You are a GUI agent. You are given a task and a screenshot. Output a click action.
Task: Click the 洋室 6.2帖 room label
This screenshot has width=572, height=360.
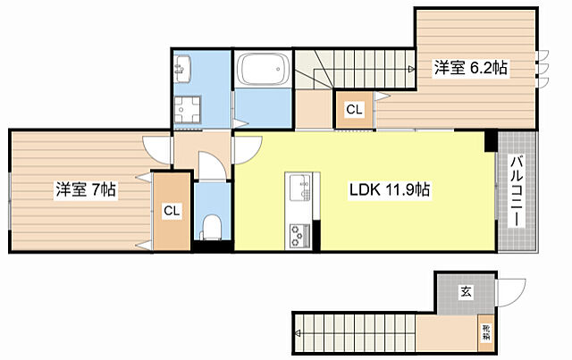point(471,68)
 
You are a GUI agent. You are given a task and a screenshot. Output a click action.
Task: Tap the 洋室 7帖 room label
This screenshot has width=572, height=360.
point(86,189)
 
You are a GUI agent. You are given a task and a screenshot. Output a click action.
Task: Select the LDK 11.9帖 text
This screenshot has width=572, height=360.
point(389,189)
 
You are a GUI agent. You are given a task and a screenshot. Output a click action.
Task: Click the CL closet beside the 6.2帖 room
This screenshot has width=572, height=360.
point(354,111)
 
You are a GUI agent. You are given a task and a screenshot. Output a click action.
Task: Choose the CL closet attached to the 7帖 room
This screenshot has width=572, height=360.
point(171,211)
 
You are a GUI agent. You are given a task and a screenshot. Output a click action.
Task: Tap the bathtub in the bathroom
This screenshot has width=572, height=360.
point(260,69)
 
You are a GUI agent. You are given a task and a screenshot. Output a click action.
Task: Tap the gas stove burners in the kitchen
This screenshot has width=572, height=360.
point(299,234)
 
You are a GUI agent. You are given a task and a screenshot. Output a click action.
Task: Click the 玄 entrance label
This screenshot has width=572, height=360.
point(467,290)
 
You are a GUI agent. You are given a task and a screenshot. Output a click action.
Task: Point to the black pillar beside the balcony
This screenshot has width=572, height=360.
point(490,140)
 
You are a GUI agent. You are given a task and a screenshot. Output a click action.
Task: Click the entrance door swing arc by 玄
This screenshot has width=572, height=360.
point(511,292)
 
